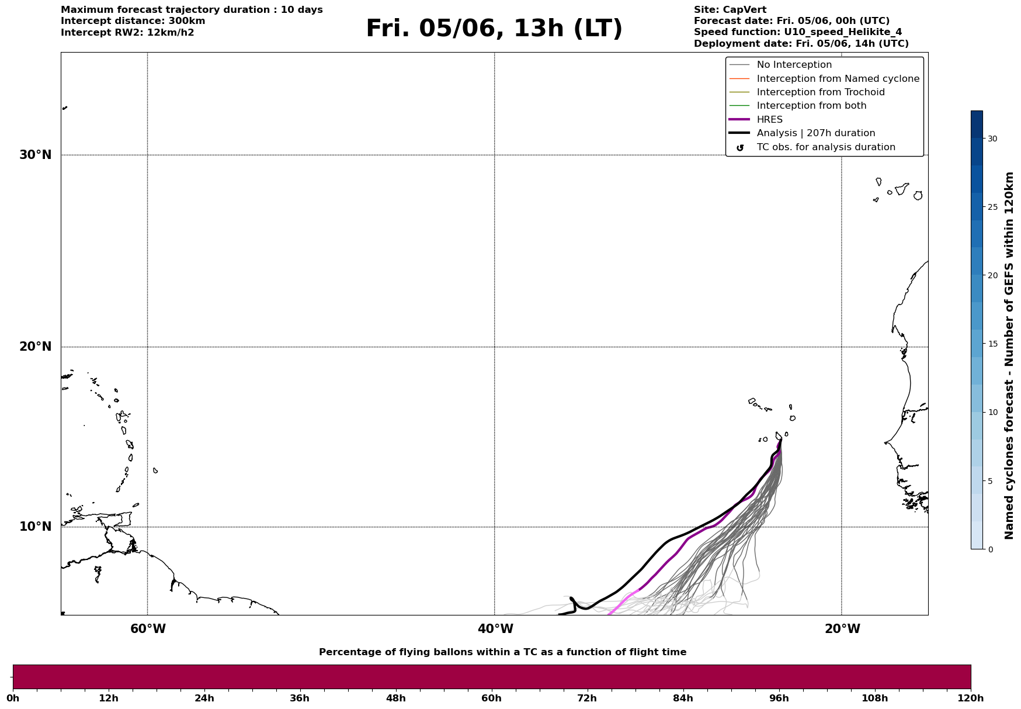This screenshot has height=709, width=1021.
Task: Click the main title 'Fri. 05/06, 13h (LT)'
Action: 494,29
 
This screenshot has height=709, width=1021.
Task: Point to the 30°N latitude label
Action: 36,155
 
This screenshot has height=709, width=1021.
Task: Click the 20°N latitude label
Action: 36,347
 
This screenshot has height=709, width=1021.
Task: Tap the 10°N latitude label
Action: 36,527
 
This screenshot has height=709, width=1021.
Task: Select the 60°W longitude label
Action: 148,629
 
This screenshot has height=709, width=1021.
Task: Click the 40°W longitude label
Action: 495,629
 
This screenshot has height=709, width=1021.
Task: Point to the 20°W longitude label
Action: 842,629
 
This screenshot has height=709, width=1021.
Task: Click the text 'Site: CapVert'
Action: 730,10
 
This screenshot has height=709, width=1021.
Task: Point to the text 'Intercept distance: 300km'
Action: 133,21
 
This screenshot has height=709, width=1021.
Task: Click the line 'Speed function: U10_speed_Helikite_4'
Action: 798,32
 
